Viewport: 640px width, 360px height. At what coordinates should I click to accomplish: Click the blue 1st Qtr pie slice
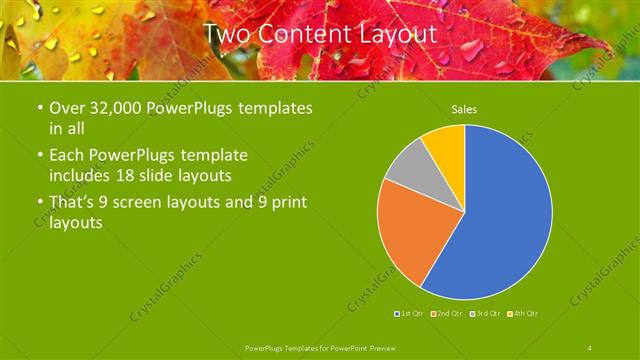(500, 220)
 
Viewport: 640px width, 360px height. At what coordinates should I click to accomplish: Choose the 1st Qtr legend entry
(411, 314)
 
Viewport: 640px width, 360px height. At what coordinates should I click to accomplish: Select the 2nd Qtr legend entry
(448, 314)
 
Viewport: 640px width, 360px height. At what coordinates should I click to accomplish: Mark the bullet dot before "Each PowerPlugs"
(38, 156)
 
